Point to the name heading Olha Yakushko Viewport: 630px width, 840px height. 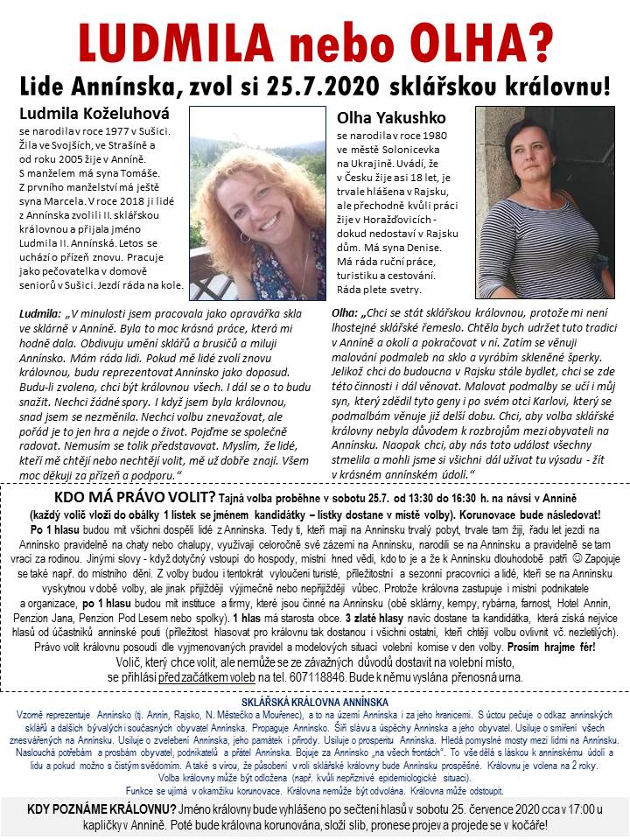click(x=385, y=117)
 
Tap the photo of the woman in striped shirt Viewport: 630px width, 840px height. click(x=544, y=203)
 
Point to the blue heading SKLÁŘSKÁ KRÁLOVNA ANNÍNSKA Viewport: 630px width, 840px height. click(x=314, y=702)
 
